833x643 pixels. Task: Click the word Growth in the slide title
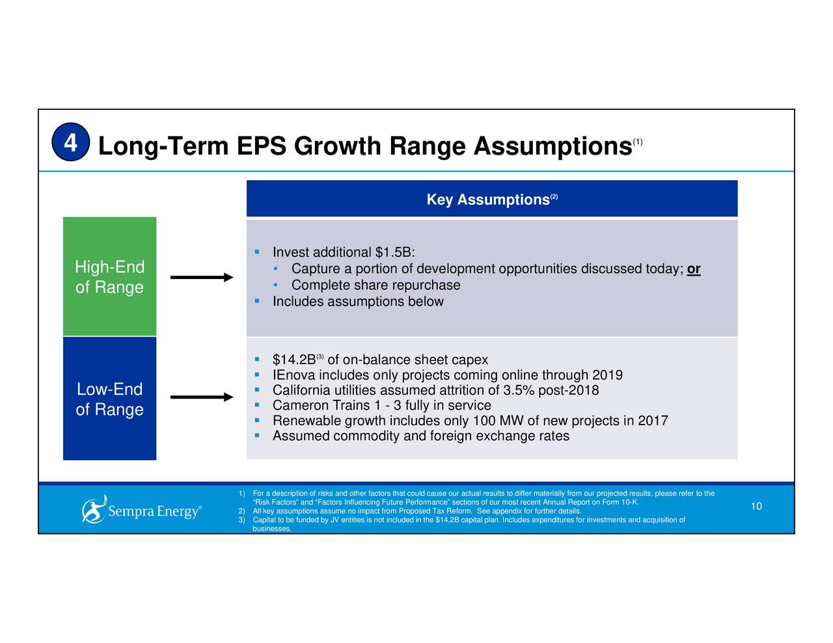point(336,146)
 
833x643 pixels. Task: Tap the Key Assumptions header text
point(488,200)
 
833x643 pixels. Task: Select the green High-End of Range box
point(109,277)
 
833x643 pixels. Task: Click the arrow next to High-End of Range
point(202,278)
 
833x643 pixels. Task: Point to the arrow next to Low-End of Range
point(202,397)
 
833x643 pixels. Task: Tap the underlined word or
point(694,269)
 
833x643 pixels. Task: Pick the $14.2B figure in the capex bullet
point(294,360)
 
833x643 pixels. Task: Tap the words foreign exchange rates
point(499,436)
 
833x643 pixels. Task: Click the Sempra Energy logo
point(141,509)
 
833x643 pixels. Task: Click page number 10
point(756,506)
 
